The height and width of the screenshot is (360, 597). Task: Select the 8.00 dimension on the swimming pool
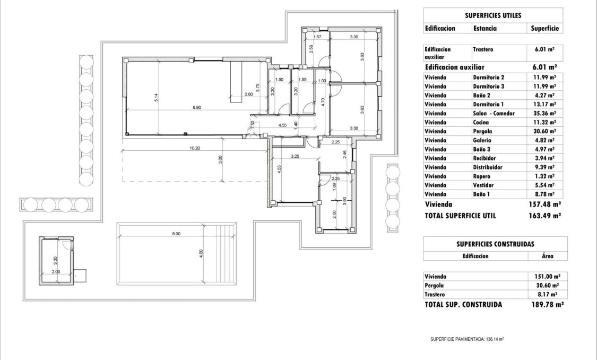[176, 234]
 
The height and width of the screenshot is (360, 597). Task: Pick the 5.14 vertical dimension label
[156, 98]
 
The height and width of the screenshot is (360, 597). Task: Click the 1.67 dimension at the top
[317, 37]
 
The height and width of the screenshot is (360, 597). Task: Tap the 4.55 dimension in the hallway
[283, 125]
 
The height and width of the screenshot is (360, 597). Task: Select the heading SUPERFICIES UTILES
[493, 15]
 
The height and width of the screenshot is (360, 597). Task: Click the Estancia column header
[485, 29]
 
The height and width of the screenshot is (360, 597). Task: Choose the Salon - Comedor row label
[494, 113]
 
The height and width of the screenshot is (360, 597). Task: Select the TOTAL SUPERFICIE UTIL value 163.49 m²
[546, 216]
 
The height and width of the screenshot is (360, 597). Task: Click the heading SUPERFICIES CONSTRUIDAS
[495, 244]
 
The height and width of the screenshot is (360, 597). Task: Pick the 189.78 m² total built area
[547, 305]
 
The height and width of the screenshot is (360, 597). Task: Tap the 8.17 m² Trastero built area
[547, 294]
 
